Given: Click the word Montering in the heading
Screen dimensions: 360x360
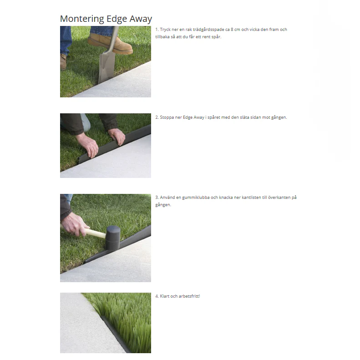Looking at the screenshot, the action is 82,19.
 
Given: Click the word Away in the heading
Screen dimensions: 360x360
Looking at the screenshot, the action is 141,19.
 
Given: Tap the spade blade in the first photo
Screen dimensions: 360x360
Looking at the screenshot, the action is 107,66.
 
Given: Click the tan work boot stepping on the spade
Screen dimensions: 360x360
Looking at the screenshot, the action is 110,43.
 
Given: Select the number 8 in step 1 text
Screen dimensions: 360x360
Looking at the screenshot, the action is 232,30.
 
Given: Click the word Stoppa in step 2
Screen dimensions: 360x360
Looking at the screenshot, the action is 167,117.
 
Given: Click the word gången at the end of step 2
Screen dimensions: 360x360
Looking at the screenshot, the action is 279,117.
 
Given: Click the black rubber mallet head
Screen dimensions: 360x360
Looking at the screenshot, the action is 113,238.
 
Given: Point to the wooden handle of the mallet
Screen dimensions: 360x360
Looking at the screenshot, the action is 95,233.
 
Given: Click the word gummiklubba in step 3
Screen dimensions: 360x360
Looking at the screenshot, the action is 196,198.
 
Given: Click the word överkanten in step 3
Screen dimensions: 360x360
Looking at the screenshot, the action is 279,198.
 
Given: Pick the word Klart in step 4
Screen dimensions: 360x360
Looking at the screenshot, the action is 164,296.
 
